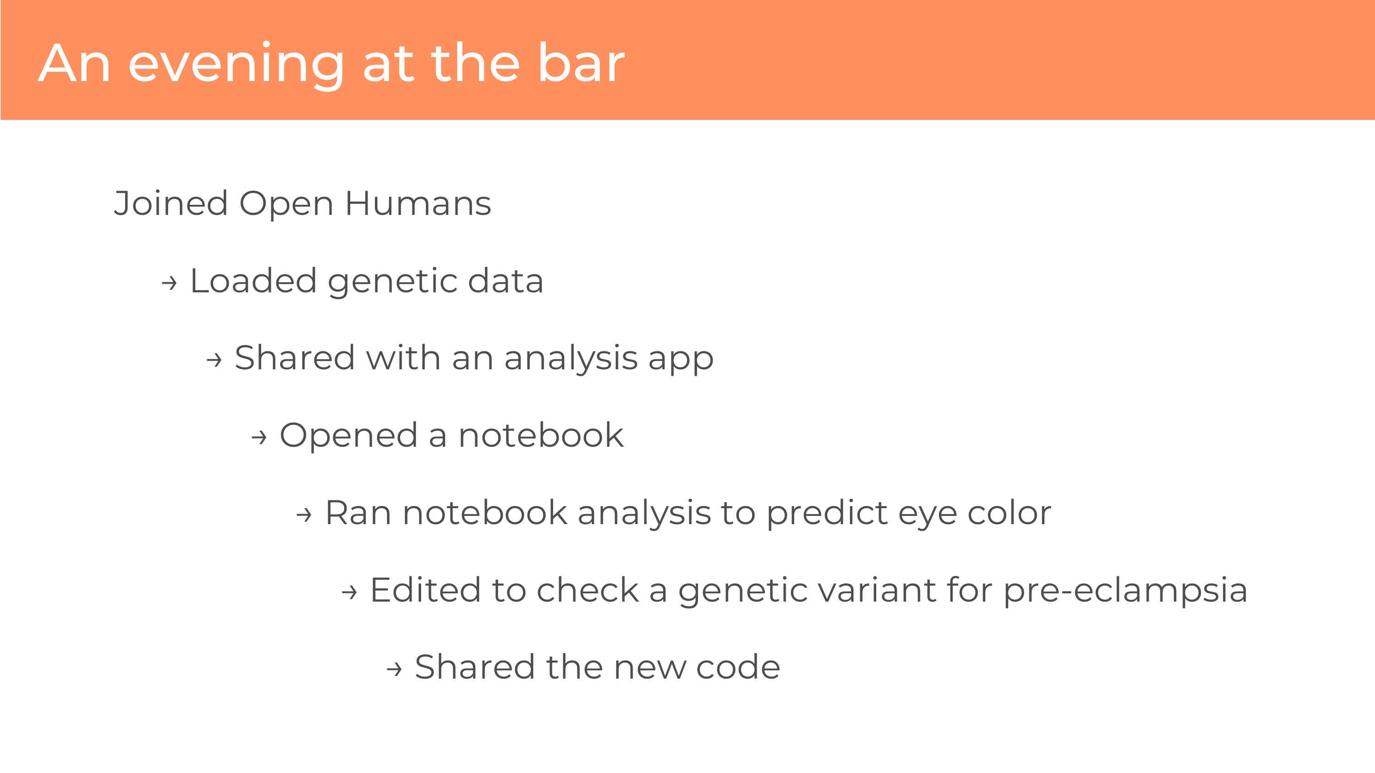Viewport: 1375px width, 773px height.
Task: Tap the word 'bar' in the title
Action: [581, 62]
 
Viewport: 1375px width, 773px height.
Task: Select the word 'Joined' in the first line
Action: [171, 203]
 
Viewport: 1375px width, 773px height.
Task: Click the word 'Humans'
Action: [418, 203]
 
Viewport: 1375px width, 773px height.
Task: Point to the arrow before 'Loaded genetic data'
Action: [169, 282]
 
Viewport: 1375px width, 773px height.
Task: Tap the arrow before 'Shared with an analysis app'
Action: [214, 360]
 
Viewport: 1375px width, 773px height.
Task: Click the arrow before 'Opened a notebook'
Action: [259, 438]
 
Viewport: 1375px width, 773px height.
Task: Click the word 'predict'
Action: [827, 514]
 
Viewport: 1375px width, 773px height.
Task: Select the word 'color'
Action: [1009, 513]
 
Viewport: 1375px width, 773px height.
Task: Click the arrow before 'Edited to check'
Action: [349, 592]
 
